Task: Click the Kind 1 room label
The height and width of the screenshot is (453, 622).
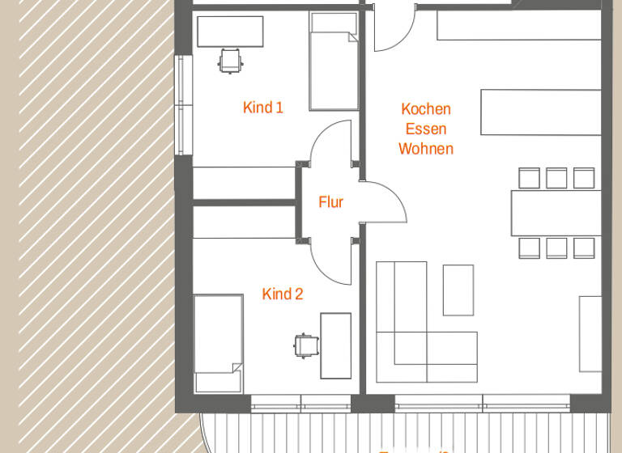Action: click(263, 107)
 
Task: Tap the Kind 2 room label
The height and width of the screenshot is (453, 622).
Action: click(283, 294)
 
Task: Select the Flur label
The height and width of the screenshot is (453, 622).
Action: click(330, 202)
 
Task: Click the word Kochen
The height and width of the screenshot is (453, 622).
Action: click(426, 109)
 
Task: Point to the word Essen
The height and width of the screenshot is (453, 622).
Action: click(426, 129)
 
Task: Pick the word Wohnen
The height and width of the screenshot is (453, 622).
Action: click(426, 149)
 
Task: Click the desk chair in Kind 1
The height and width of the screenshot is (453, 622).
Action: click(229, 60)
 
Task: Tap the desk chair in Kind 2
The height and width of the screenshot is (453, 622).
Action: click(305, 345)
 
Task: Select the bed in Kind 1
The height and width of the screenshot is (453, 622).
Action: click(334, 62)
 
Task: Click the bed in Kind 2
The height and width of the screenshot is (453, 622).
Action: click(219, 343)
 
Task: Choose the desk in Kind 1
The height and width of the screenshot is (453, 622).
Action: click(230, 32)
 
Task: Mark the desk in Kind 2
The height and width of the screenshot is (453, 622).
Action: click(336, 345)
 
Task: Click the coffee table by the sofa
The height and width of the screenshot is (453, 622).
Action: click(458, 290)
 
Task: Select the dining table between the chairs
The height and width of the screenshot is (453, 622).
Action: click(556, 213)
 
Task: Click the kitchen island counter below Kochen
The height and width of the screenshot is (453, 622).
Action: click(541, 112)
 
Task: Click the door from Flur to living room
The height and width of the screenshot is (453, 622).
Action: click(383, 202)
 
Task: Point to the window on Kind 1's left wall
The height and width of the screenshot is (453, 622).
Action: click(184, 105)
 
